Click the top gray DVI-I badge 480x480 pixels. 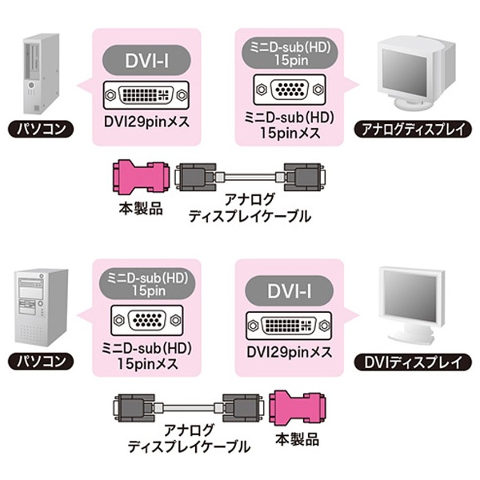pyautogui.click(x=146, y=60)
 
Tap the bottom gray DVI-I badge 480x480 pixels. pyautogui.click(x=289, y=291)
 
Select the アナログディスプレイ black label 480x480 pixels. pyautogui.click(x=413, y=130)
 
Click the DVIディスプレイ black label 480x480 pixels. pyautogui.click(x=413, y=362)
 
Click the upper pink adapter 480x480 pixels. pyautogui.click(x=141, y=176)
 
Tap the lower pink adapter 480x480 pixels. pyautogui.click(x=298, y=408)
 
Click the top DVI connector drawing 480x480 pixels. pyautogui.click(x=146, y=95)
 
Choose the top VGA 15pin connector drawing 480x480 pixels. pyautogui.click(x=290, y=90)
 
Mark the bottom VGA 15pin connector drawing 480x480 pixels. pyautogui.click(x=147, y=320)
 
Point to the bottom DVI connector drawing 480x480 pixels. pyautogui.click(x=289, y=326)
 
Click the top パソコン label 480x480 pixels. pyautogui.click(x=41, y=129)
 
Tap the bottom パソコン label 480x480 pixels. pyautogui.click(x=41, y=362)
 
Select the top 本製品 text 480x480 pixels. pyautogui.click(x=141, y=209)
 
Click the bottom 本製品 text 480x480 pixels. pyautogui.click(x=298, y=440)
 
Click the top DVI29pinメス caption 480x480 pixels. pyautogui.click(x=146, y=122)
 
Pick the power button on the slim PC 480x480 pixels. pyautogui.click(x=31, y=85)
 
